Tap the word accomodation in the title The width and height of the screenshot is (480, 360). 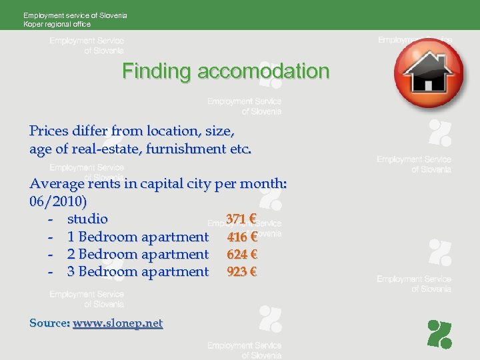point(263,71)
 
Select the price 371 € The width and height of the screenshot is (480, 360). point(241,219)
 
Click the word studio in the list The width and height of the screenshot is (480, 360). point(87,219)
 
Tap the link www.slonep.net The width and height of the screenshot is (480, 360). point(117,323)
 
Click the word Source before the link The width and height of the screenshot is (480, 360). point(49,323)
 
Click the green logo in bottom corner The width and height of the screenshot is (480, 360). point(439,334)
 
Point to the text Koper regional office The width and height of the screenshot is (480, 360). point(57,24)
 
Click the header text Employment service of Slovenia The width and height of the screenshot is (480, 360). point(75,15)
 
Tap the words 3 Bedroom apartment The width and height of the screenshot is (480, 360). point(138,271)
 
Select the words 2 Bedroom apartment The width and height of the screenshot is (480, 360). point(138,254)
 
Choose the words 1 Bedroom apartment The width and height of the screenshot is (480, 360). point(138,237)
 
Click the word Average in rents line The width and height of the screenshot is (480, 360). point(57,183)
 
